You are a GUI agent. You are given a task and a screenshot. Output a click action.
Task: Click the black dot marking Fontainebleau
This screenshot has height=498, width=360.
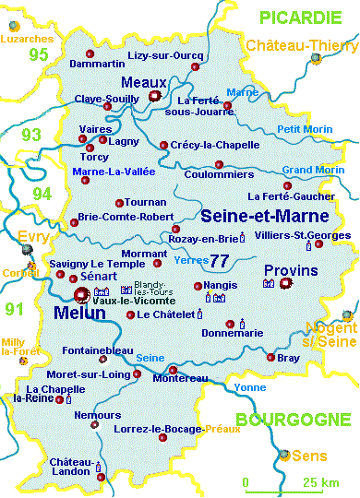click(107, 338)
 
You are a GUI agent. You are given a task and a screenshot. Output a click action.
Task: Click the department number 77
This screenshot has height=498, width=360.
click(219, 260)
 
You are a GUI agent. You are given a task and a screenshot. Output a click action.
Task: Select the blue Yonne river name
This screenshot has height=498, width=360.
click(249, 387)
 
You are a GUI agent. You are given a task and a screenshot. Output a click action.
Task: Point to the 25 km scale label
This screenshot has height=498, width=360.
click(317, 482)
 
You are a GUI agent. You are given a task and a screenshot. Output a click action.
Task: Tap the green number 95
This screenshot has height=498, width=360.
click(38, 55)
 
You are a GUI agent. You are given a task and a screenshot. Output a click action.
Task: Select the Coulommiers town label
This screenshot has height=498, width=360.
click(219, 173)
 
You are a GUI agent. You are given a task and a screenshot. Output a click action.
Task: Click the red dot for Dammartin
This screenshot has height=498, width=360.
click(90, 52)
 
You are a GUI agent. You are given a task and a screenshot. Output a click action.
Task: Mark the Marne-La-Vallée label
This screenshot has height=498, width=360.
click(114, 171)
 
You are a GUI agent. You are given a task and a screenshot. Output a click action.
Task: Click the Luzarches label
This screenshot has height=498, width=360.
click(27, 40)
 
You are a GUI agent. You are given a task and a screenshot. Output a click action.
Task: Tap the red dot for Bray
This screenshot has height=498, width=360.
click(270, 358)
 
